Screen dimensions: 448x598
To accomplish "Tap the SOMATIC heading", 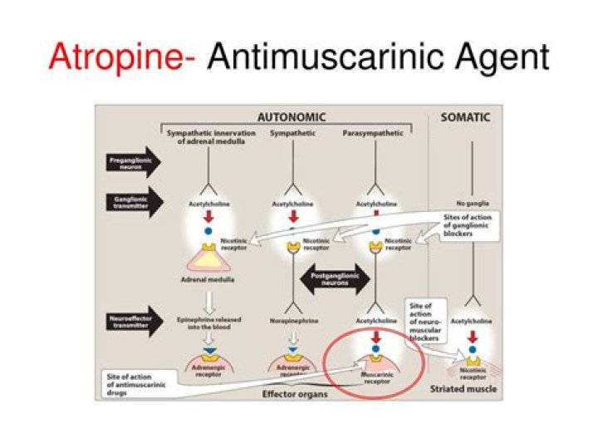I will tap(465, 117).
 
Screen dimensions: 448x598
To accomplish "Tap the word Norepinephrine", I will tap(291, 318).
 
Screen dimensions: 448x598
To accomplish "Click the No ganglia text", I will tap(472, 202).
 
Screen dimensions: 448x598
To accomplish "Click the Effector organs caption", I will tap(294, 393).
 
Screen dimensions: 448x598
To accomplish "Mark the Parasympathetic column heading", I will tap(373, 132).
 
